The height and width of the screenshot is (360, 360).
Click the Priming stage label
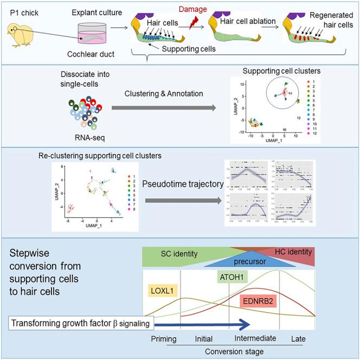[164, 339]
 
